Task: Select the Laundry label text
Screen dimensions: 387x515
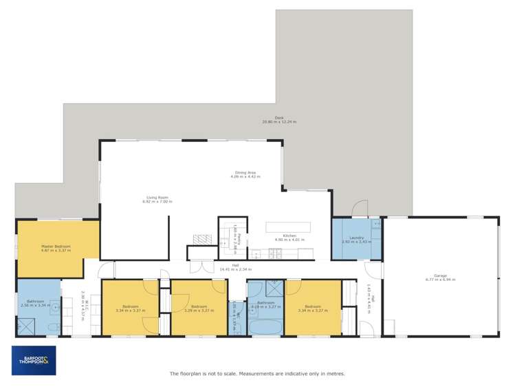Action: pyautogui.click(x=356, y=238)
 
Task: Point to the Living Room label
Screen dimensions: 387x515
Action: pyautogui.click(x=157, y=197)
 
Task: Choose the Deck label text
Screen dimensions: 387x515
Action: pyautogui.click(x=279, y=118)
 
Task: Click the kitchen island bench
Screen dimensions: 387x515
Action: pyautogui.click(x=287, y=227)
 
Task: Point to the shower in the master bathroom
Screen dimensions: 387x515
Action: pyautogui.click(x=27, y=325)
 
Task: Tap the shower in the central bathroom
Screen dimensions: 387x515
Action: pyautogui.click(x=274, y=287)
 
